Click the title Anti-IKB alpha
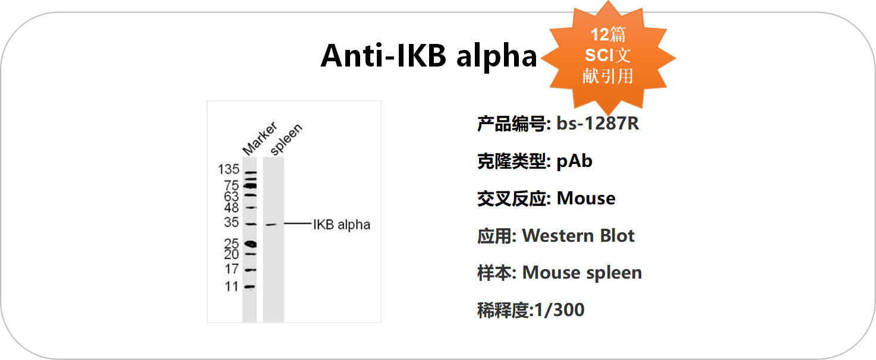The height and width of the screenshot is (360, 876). click(x=428, y=56)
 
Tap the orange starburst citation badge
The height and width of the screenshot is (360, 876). click(x=608, y=58)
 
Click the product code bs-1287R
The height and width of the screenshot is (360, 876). click(x=597, y=124)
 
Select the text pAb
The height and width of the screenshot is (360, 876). click(x=574, y=162)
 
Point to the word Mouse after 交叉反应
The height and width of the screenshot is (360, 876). click(x=586, y=198)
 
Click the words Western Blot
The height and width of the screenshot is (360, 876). click(x=578, y=236)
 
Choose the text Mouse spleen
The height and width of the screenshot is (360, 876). click(x=582, y=273)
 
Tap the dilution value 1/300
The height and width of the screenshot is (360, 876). click(x=559, y=310)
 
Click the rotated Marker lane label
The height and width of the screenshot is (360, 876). click(x=260, y=138)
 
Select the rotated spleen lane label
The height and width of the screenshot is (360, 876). click(x=286, y=139)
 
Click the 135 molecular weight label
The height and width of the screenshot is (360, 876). click(x=228, y=169)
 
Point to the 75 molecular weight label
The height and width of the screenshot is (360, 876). click(x=232, y=185)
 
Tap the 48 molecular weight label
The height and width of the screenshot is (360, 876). click(x=232, y=207)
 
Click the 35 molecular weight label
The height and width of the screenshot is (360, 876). click(x=232, y=222)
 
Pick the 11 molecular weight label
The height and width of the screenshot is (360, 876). click(x=232, y=286)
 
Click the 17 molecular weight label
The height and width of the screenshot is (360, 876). click(x=232, y=269)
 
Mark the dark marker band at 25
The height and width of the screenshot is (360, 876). click(x=250, y=244)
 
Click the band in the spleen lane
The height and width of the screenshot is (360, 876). click(x=272, y=225)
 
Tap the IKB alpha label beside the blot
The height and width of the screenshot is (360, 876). click(x=342, y=225)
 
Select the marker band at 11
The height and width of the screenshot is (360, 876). click(x=250, y=287)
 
